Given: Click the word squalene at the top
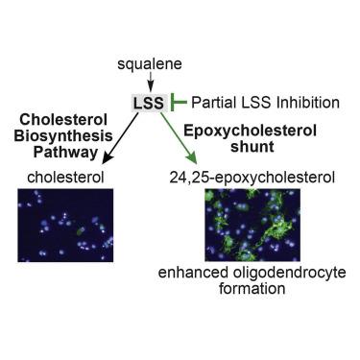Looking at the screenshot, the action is [x=150, y=64].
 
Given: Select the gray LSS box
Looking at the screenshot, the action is [x=149, y=103].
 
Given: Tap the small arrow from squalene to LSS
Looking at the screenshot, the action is [x=150, y=82].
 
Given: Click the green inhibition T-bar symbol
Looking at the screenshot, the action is [x=179, y=103].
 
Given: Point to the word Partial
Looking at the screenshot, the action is [x=211, y=103].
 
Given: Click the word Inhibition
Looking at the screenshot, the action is [x=308, y=103].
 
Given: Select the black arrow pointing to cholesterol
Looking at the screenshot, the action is [x=120, y=138].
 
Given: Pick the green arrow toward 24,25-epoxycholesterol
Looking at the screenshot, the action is [x=179, y=138].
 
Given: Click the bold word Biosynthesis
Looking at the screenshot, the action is [x=63, y=136].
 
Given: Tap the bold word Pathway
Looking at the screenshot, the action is [x=66, y=152].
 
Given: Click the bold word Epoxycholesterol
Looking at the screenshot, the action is [x=251, y=132].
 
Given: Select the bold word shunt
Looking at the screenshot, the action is [x=252, y=147].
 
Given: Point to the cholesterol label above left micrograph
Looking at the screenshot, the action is [x=65, y=178].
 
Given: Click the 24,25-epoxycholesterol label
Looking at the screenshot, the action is [x=252, y=178].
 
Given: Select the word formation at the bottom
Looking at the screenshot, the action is [x=252, y=288].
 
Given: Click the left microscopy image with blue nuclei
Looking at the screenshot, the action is [x=65, y=226].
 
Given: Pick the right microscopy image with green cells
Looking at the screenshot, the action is [x=252, y=225].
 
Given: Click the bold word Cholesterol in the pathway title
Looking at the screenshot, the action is [x=63, y=120].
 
